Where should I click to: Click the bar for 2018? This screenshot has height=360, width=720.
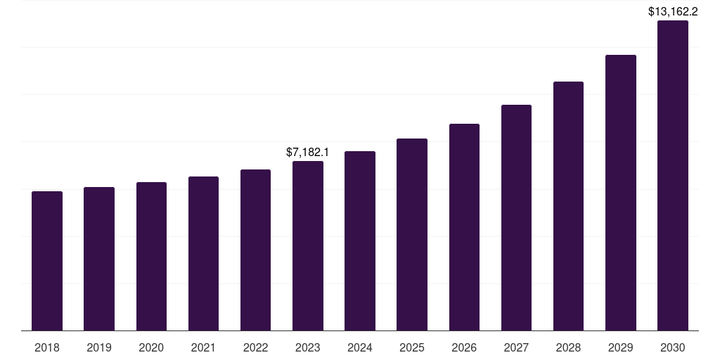(47, 261)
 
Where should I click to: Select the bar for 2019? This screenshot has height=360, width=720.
(99, 259)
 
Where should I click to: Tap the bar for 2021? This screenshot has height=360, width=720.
(203, 253)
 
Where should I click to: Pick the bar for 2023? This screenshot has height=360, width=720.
(308, 246)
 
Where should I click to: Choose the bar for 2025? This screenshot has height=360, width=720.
(412, 235)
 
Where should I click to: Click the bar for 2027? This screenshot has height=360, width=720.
(516, 218)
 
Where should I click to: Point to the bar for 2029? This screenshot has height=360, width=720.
(621, 193)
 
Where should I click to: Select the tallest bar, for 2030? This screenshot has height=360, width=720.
(673, 176)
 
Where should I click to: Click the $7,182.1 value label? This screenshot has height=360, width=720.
(308, 152)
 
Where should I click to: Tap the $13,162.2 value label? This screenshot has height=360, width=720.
(673, 11)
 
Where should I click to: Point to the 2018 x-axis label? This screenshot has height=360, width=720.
(47, 347)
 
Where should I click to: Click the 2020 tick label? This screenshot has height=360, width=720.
(151, 347)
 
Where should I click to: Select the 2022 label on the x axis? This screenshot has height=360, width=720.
(256, 347)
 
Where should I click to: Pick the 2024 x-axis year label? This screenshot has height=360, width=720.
(360, 347)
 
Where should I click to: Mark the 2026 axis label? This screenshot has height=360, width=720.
(464, 347)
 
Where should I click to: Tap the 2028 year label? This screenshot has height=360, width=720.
(568, 347)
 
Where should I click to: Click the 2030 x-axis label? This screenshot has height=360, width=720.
(673, 347)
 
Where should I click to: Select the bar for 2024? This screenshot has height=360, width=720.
(360, 241)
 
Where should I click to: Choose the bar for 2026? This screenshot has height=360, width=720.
(464, 227)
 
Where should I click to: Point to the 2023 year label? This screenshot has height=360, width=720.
(308, 347)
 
